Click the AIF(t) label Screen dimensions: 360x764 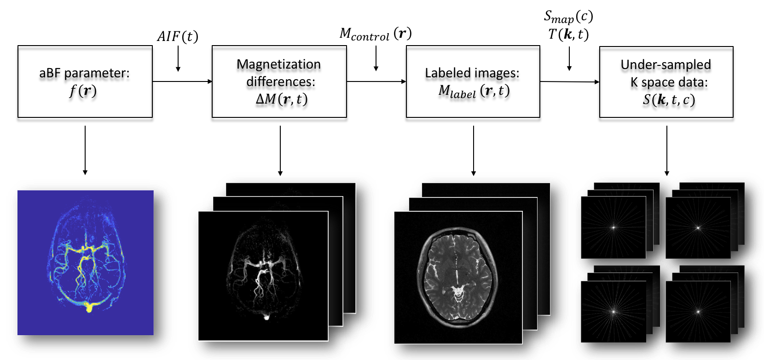[178, 36]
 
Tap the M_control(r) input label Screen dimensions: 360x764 [375, 34]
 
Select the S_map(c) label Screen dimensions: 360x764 [568, 17]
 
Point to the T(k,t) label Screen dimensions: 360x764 [568, 35]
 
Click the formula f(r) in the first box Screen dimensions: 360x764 [83, 90]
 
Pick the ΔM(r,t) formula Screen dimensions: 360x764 [281, 99]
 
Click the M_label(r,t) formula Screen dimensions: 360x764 [474, 91]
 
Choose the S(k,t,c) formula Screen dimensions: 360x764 [668, 99]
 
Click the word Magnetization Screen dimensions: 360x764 [278, 64]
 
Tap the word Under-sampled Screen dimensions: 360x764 [666, 65]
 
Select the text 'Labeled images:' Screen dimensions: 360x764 [472, 73]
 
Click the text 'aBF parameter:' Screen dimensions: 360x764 [84, 73]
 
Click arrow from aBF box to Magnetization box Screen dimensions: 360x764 [182, 81]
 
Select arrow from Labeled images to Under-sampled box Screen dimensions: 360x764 [569, 82]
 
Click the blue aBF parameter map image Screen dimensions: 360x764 [85, 262]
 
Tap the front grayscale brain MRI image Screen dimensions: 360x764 [458, 277]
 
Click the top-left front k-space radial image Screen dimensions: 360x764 [613, 227]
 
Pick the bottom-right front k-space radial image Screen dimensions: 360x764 [698, 312]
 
